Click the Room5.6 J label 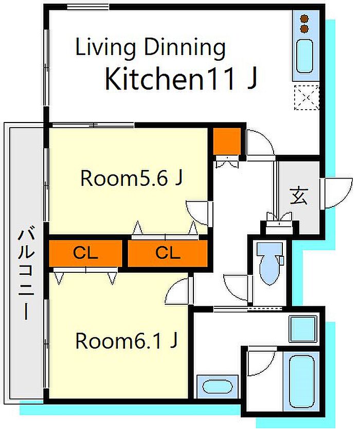[131, 178]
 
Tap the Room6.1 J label [127, 341]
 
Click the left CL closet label [85, 253]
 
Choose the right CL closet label [168, 253]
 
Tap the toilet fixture [270, 263]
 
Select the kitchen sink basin [305, 56]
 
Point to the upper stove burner [304, 19]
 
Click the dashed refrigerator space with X [307, 97]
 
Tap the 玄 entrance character [299, 196]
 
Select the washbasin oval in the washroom [217, 387]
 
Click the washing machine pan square [303, 329]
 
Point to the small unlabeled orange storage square [227, 141]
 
